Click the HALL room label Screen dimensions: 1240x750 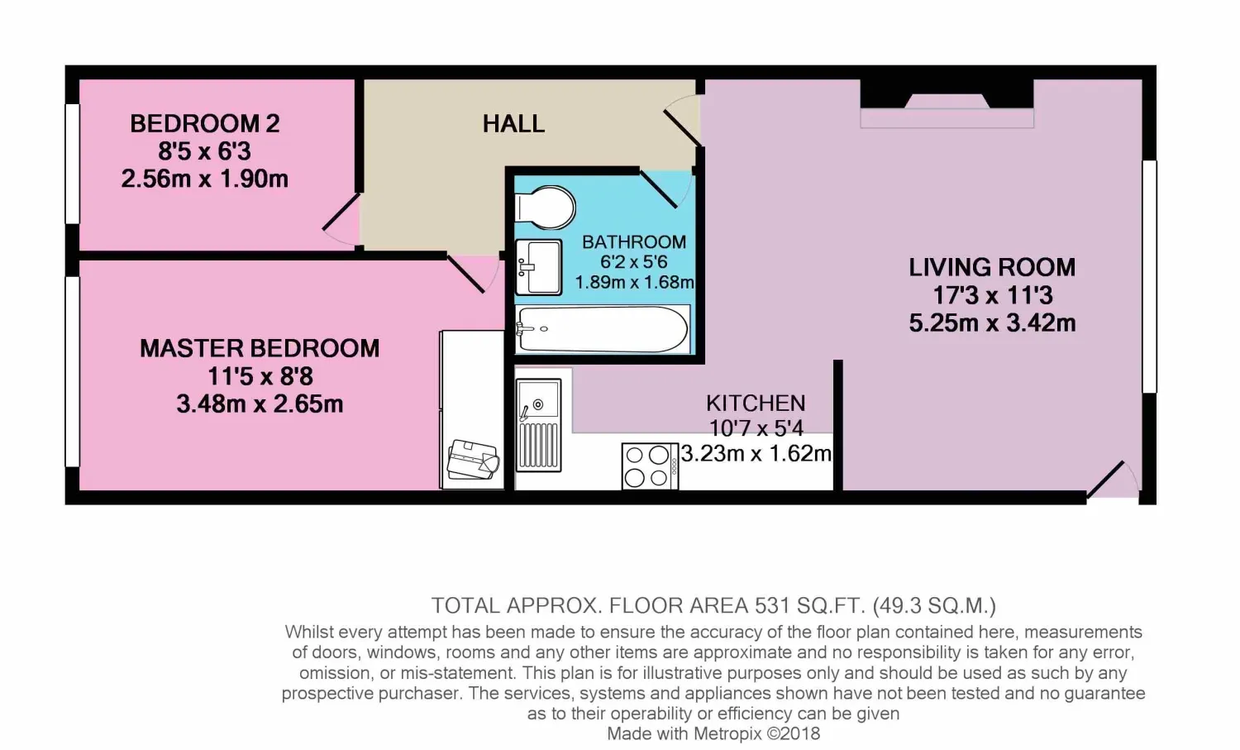513,123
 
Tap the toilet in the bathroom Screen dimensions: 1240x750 546,208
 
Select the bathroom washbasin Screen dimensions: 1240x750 539,267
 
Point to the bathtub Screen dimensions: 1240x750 603,329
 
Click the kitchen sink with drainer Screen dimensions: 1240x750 539,425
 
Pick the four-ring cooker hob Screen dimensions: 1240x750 650,466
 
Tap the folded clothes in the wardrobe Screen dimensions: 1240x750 474,459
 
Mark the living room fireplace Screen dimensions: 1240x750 947,103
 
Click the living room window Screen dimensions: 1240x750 1150,276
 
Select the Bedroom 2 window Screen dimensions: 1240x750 72,164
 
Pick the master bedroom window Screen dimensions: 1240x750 72,371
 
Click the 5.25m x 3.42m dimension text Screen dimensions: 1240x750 992,323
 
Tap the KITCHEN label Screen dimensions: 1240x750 756,404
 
